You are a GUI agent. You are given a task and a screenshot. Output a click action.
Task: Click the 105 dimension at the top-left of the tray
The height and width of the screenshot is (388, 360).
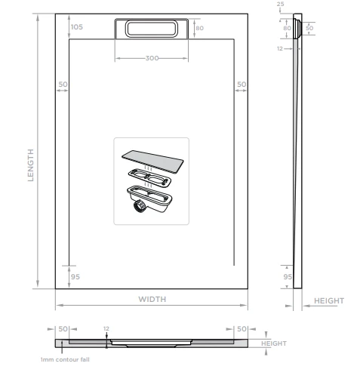(76, 26)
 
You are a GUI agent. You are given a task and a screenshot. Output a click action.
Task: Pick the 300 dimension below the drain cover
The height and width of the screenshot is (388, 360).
(151, 58)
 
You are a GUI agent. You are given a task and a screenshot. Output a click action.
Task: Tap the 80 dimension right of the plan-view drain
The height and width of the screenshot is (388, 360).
(199, 27)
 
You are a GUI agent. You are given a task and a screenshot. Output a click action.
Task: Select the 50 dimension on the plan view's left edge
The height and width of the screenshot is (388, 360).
(63, 84)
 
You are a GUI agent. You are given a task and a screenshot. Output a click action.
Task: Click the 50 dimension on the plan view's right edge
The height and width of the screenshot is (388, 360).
(241, 84)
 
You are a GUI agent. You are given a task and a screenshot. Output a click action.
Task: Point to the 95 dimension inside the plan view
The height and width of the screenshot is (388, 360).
(75, 277)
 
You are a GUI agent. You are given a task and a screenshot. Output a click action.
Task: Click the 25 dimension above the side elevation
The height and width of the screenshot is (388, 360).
(281, 5)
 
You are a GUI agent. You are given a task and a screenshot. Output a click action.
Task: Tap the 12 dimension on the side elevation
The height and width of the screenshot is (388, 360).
(281, 48)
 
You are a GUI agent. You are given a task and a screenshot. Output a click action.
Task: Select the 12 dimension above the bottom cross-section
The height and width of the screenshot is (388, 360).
(107, 328)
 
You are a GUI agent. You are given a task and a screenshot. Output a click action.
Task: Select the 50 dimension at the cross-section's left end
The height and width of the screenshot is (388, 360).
(63, 329)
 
